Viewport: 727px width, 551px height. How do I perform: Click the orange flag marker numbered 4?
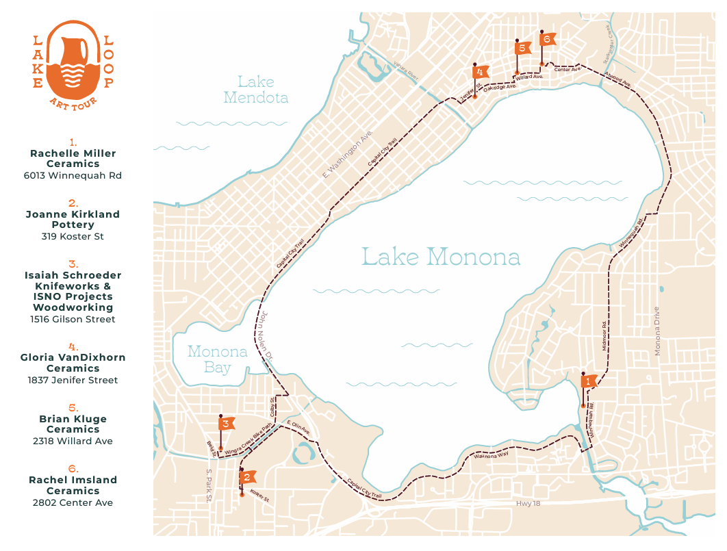pos(481,72)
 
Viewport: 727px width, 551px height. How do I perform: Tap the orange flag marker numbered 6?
pos(546,39)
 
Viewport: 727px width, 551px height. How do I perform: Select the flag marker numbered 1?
pos(588,381)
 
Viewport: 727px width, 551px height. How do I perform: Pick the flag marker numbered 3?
pos(227,424)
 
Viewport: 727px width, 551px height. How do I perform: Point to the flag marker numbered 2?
pos(248,476)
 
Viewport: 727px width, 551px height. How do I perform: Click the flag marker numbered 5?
pos(522,48)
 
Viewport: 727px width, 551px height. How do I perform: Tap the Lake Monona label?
pos(440,257)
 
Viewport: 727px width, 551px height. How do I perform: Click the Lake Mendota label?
pos(256,90)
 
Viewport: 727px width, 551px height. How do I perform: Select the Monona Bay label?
pos(217,359)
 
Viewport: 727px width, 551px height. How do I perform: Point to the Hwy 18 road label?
pos(528,503)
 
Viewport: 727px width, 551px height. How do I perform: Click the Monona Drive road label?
pos(657,331)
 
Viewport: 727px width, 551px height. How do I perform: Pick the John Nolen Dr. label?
pos(264,335)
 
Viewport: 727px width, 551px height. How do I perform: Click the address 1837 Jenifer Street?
pos(73,380)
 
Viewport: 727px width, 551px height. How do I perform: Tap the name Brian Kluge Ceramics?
pos(73,424)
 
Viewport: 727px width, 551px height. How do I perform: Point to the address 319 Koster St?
pos(73,237)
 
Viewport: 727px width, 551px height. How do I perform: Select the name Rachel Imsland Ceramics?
pos(73,485)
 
